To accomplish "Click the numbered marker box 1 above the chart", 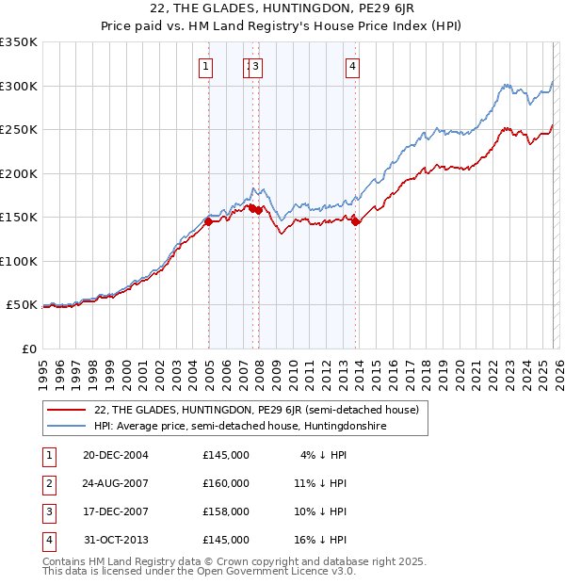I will click(x=204, y=66).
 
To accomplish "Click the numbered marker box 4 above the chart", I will click(x=351, y=66).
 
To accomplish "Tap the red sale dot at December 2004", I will click(x=208, y=222).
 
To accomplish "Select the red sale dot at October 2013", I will click(x=356, y=222).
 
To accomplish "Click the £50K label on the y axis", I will click(x=22, y=305).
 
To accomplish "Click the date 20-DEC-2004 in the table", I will click(x=116, y=455).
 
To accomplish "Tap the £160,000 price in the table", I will click(x=226, y=483).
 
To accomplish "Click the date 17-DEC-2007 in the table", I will click(x=116, y=511).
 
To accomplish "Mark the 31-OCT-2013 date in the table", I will click(x=116, y=540).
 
